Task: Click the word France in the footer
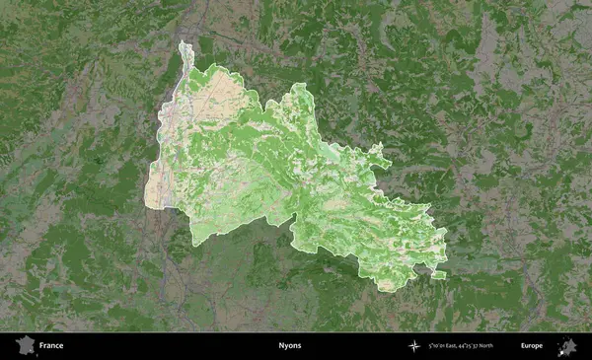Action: (51, 346)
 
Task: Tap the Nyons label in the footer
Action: (290, 346)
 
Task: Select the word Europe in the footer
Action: (532, 346)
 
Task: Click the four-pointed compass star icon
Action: (412, 346)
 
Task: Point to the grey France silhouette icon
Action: (25, 346)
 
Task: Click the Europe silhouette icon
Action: (567, 346)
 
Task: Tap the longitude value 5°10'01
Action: (438, 346)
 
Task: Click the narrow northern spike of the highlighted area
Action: (184, 51)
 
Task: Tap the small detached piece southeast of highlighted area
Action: (439, 274)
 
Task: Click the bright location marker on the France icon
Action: (29, 349)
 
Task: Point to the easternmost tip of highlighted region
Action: (446, 237)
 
